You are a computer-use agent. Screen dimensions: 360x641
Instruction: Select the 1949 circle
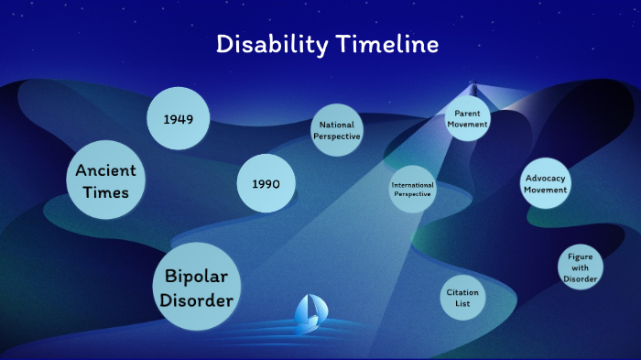click(178, 119)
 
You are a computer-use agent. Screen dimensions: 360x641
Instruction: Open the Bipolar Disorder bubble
click(190, 288)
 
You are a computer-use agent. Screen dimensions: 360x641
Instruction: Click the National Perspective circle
click(337, 130)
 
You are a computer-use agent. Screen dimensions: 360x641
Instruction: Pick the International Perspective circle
click(412, 189)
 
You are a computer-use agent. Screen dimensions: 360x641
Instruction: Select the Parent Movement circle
click(467, 119)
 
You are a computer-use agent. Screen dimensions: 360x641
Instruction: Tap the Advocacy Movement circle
click(545, 183)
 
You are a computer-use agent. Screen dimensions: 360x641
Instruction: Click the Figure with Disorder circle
click(581, 267)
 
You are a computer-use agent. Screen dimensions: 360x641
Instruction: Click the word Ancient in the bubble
click(106, 170)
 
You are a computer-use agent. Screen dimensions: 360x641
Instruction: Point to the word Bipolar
click(190, 277)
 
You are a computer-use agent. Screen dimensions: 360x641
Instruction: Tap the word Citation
click(462, 292)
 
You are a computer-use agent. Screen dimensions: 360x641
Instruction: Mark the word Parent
click(467, 114)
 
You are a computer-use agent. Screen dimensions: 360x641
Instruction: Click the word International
click(412, 184)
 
